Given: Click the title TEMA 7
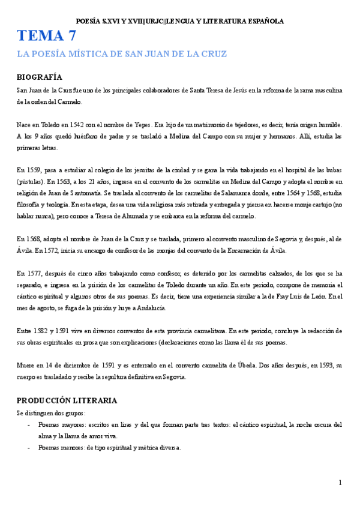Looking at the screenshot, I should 46,36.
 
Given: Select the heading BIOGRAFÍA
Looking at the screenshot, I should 39,77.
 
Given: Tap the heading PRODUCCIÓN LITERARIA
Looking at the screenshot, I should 67,400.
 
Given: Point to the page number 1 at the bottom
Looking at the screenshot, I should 340,482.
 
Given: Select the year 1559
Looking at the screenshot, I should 35,170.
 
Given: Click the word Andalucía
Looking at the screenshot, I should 150,307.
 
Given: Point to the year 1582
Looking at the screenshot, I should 43,331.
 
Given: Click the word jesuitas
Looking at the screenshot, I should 155,170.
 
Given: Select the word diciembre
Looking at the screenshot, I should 88,365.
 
